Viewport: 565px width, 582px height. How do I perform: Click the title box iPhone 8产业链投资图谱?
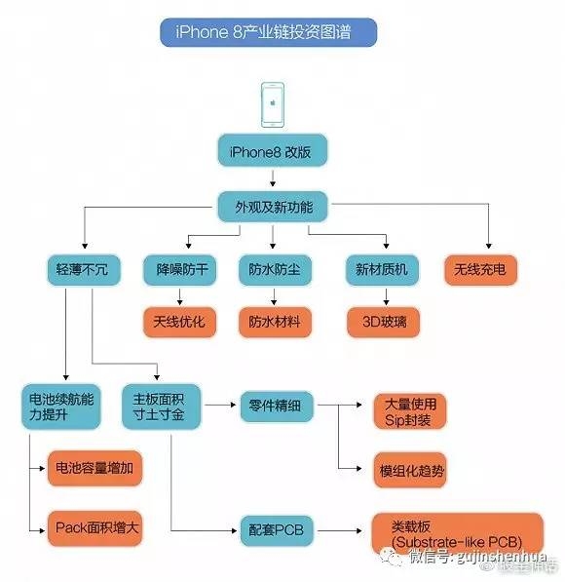coord(267,32)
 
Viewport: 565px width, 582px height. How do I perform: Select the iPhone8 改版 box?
coord(272,152)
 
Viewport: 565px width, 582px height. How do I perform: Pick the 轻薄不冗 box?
coord(83,269)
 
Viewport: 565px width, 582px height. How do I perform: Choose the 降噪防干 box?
coord(179,269)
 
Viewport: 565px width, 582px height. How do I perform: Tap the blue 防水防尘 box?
coord(274,269)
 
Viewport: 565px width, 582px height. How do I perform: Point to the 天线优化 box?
coord(179,321)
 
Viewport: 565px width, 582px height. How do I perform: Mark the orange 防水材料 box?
coord(274,321)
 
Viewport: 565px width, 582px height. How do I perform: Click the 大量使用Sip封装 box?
coord(410,411)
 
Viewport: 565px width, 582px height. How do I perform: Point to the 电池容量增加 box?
coord(94,469)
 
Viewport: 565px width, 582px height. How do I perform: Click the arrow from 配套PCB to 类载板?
coord(341,531)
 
